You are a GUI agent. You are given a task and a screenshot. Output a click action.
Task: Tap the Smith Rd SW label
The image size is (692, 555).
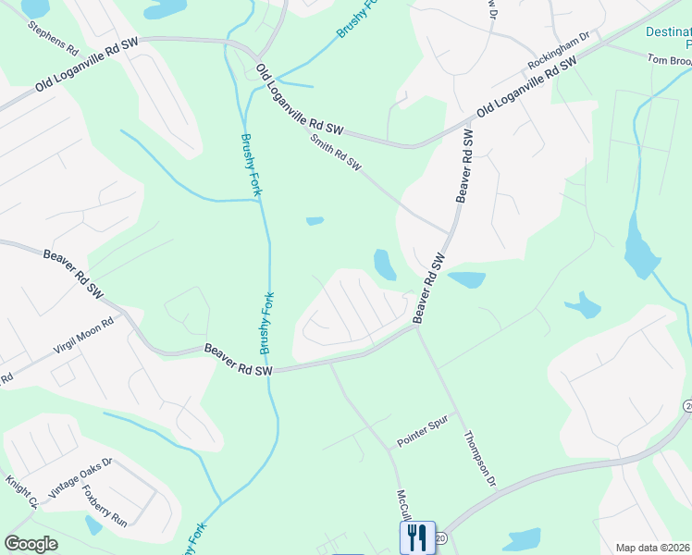[x=336, y=154]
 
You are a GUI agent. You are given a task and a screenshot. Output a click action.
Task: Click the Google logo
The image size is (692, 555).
[x=31, y=543]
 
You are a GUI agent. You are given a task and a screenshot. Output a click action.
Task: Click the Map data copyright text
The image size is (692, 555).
[x=652, y=548]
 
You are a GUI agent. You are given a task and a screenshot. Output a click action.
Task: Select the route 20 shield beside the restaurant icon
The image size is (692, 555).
[x=440, y=536]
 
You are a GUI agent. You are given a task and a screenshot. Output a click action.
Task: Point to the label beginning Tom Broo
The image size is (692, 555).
[x=668, y=59]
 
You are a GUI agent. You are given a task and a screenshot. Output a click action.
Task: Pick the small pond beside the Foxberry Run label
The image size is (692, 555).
[x=93, y=525]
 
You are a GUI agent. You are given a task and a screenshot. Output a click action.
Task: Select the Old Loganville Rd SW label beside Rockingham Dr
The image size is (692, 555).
[x=526, y=85]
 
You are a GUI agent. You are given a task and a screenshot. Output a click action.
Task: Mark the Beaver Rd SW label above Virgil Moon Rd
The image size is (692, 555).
[x=70, y=272]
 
